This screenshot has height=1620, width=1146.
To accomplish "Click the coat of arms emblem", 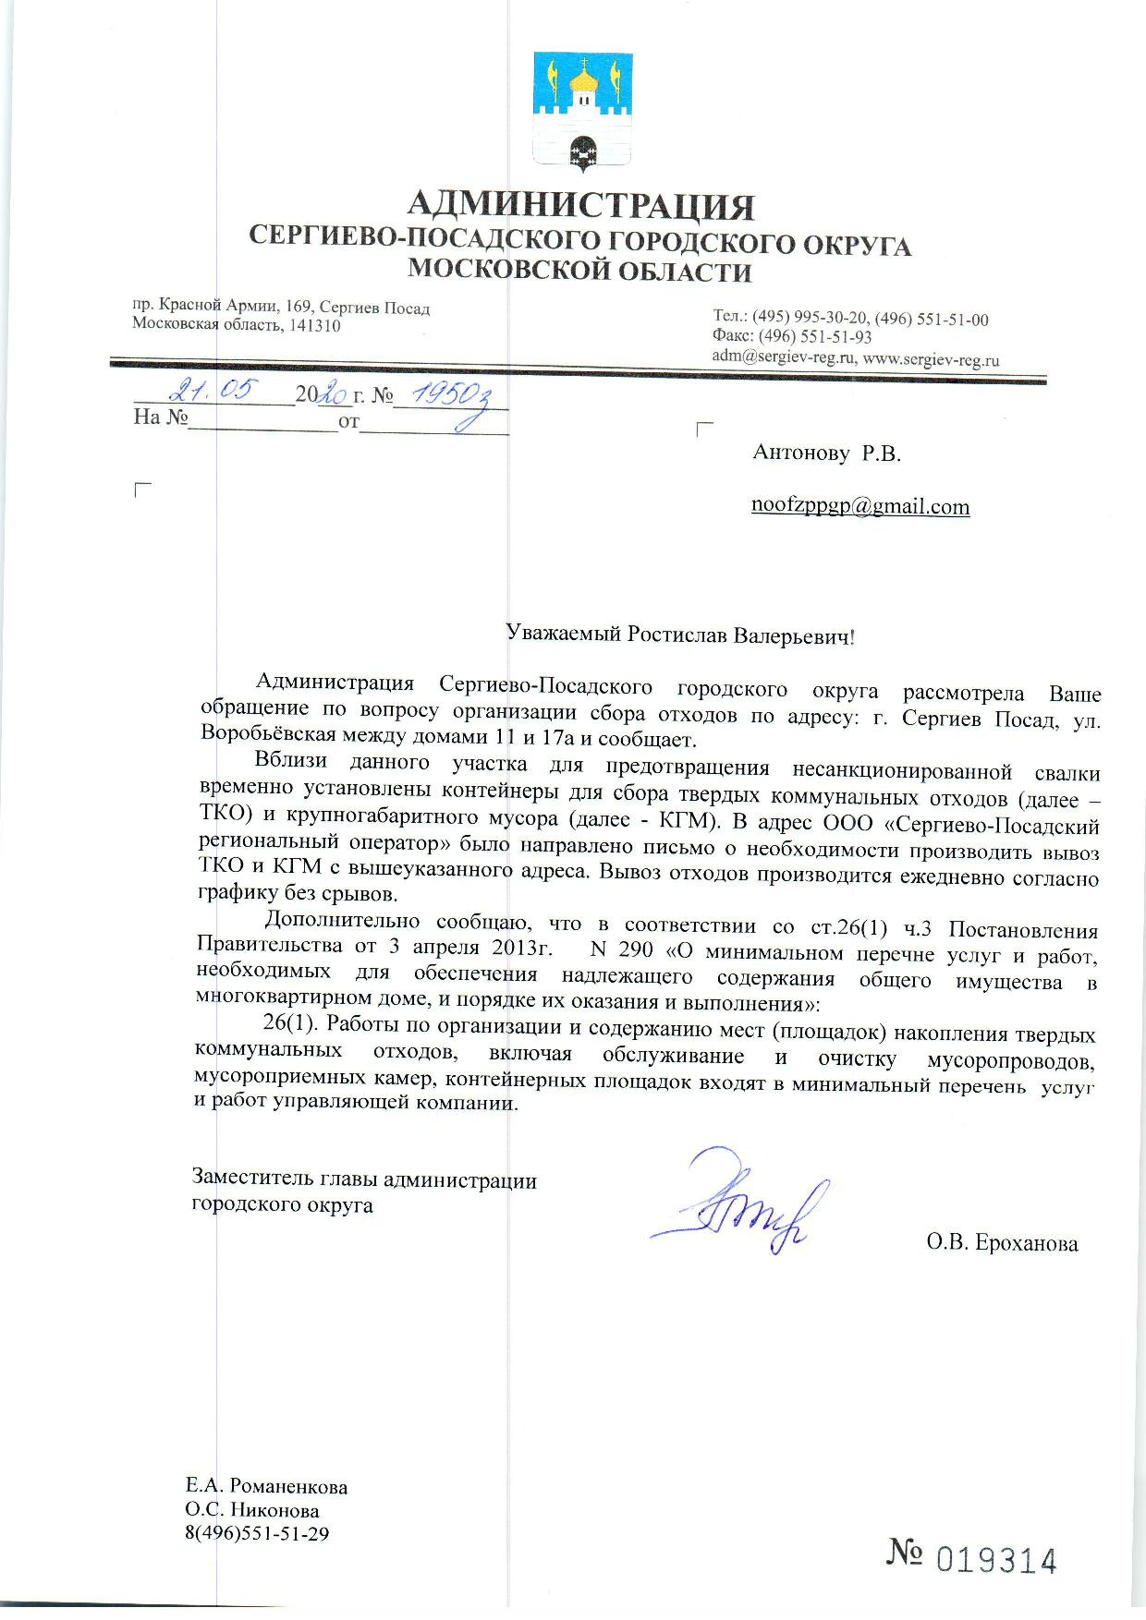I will (583, 113).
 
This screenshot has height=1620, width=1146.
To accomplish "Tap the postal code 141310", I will (312, 326).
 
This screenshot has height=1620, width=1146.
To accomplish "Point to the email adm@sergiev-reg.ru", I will (784, 357).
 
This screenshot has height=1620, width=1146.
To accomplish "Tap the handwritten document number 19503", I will (450, 395).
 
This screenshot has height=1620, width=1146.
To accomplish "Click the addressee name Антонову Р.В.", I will (826, 453).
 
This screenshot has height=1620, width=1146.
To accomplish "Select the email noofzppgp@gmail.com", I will (860, 506).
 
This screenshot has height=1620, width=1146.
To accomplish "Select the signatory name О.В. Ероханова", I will (1002, 1243).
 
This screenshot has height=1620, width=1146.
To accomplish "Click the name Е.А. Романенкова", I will (266, 1487).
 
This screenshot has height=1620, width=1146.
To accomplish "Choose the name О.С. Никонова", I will (252, 1511).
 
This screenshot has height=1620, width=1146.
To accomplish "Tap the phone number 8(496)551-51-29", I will (257, 1534).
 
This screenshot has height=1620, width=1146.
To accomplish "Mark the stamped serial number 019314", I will (997, 1561).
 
